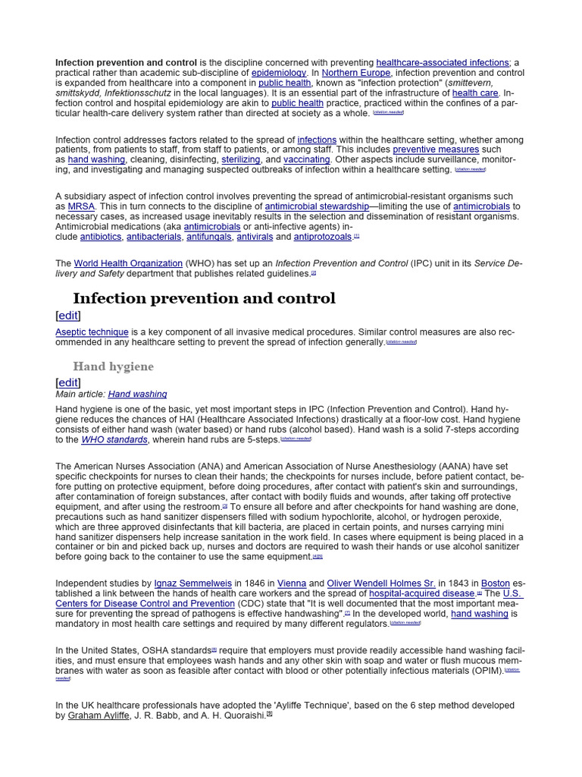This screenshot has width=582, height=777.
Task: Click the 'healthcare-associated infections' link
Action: [x=443, y=62]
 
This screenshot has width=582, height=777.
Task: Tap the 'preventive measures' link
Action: [x=436, y=149]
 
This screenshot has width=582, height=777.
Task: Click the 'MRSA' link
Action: [x=81, y=206]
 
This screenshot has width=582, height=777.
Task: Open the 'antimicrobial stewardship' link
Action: [x=316, y=206]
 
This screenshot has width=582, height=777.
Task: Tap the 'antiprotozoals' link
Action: [x=323, y=237]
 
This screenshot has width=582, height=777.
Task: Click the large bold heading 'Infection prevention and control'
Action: [x=204, y=298]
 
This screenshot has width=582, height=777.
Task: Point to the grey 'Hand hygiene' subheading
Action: [x=113, y=366]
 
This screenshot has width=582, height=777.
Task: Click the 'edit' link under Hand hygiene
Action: [x=68, y=382]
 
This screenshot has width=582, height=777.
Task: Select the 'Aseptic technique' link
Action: [x=92, y=332]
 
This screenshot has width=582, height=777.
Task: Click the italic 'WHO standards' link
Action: [x=114, y=439]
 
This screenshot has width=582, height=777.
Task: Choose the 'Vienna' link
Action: [x=291, y=584]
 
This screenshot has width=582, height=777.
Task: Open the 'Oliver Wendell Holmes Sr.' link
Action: [x=381, y=584]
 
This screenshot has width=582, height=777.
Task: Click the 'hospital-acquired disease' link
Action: [x=421, y=593]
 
